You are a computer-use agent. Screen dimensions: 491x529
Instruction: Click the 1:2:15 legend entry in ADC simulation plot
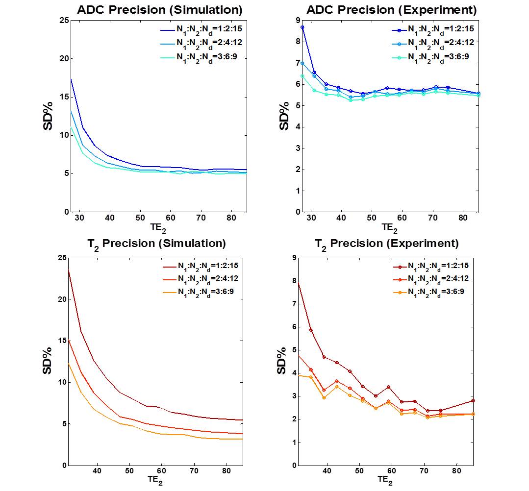pos(201,30)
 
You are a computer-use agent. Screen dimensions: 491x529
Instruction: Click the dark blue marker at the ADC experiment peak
pos(302,27)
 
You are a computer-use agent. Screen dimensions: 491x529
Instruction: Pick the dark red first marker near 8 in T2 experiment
pos(298,282)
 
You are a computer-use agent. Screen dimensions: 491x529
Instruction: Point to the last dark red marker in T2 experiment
pos(473,401)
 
